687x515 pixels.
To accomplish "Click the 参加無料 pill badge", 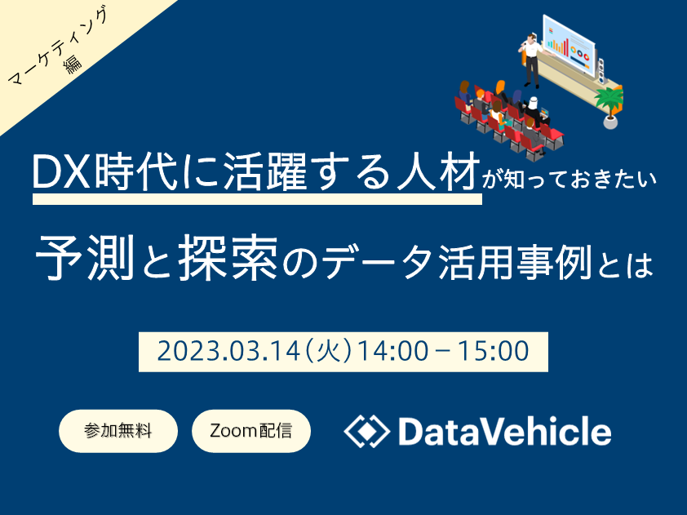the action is pos(118,431).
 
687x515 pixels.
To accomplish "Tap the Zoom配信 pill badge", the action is pos(251,431).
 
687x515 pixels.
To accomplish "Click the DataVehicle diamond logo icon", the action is pos(366,431).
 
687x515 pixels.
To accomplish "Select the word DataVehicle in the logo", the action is pos(505,432).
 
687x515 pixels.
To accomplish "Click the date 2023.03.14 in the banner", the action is pos(228,352).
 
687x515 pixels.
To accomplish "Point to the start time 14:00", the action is pos(392,352).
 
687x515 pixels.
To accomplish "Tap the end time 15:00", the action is pos(494,352).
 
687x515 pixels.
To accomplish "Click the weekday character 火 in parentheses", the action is pos(330,352).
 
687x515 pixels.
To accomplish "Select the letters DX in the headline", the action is pos(62,171).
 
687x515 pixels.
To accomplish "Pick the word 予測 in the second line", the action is pos(85,257).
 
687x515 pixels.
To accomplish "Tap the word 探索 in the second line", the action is pos(228,257).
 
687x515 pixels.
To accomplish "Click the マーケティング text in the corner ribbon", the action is pos(57,47).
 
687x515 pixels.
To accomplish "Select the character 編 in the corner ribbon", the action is pos(73,64).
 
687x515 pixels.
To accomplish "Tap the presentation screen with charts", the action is pos(570,45).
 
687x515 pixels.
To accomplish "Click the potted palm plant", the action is pos(609,108).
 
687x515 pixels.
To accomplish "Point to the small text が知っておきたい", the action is pos(570,180).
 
